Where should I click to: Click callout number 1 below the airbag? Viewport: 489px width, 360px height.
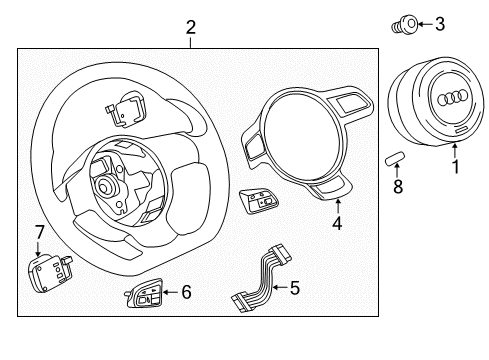coord(455,166)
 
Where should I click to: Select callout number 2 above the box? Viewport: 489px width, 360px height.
coord(191,27)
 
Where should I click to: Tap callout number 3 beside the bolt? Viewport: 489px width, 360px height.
coord(440,24)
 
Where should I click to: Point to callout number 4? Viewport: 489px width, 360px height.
coord(337,223)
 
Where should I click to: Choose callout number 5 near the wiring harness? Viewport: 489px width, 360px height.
coord(295,288)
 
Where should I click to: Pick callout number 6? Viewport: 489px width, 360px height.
coord(186,292)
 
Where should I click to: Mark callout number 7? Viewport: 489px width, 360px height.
coord(40,232)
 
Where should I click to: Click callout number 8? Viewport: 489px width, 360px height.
coord(398,186)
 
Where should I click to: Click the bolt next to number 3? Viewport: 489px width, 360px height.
coord(404,25)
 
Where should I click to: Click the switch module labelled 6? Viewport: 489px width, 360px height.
coord(144,293)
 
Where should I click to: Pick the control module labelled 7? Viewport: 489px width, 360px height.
coord(50,272)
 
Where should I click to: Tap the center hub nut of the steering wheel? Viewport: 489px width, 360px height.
coord(106,187)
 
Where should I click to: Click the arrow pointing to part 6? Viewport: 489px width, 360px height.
coord(171,292)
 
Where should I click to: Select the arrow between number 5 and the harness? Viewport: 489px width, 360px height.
coord(281,287)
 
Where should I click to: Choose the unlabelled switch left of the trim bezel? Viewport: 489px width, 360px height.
coord(259,201)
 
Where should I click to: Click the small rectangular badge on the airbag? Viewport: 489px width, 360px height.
coord(461,130)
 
